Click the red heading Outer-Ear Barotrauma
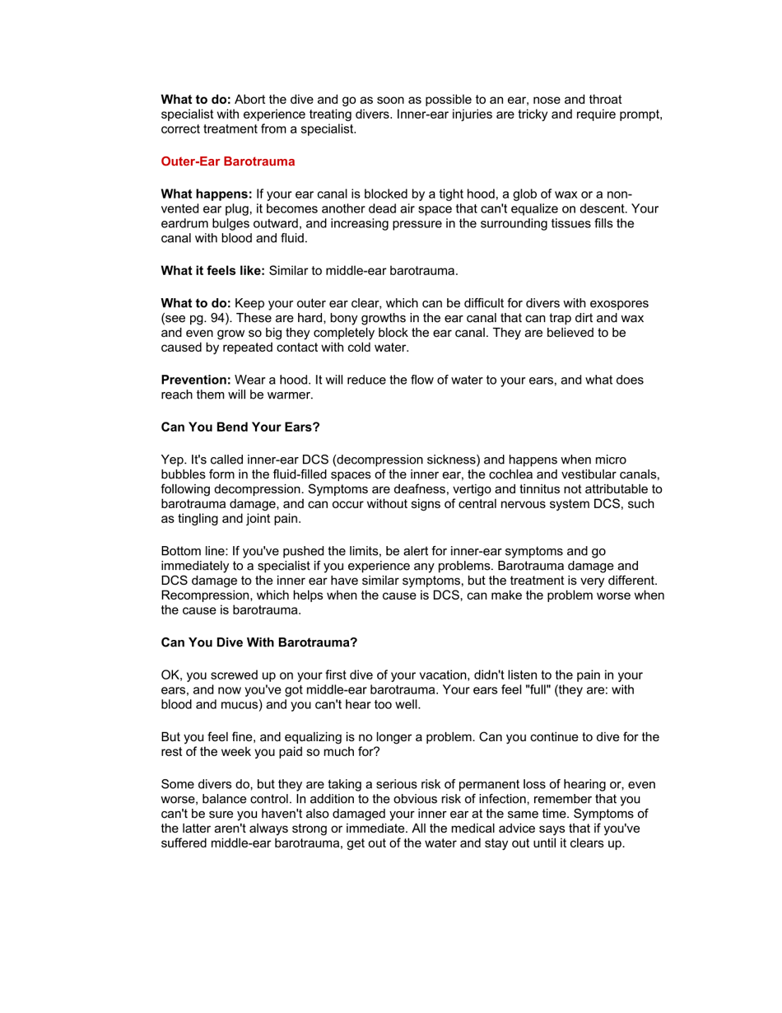click(x=227, y=161)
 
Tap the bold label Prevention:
click(x=196, y=380)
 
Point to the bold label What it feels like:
click(x=212, y=270)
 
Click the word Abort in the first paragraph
click(x=251, y=99)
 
